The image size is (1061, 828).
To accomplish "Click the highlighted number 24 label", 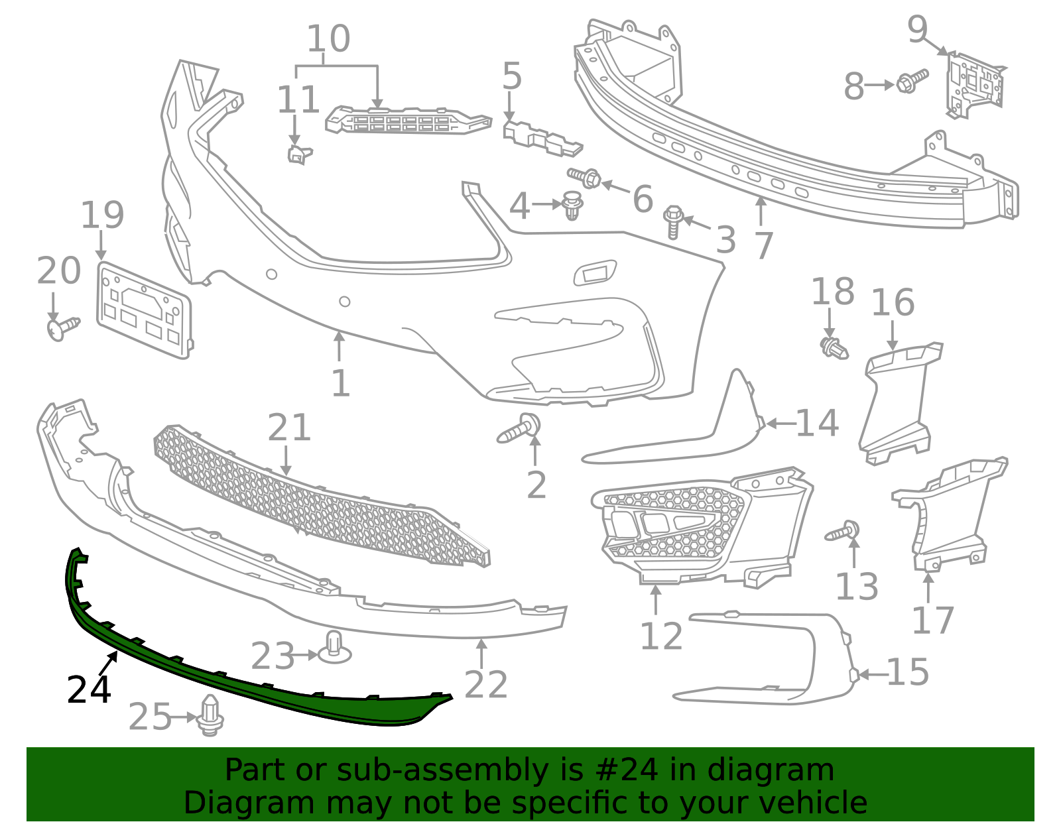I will pos(88,689).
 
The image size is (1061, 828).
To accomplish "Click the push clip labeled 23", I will pos(335,647).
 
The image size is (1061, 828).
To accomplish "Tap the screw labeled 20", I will pos(63,327).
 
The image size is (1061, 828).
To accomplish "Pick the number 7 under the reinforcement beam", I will pos(764,245).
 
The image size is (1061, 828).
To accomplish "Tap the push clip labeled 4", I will pos(572,205).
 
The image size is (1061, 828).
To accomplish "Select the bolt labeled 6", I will pos(586,177).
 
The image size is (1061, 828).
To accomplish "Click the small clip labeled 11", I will pos(298,154).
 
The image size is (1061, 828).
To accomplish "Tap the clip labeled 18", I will pos(834,347).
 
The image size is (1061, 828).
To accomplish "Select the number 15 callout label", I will pos(907,672).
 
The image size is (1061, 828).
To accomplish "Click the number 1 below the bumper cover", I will pos(340,383).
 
